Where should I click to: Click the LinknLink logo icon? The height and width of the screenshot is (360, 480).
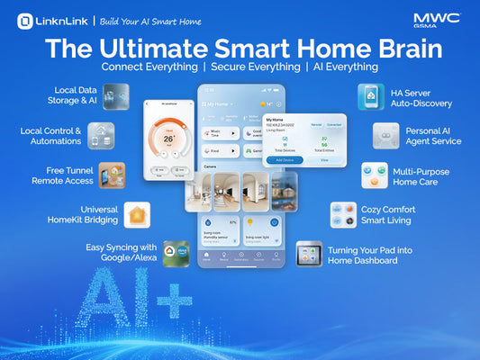pos(24,20)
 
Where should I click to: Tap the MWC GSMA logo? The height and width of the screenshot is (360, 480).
pos(437,21)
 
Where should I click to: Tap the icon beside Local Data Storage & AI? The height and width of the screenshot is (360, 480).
pos(115,96)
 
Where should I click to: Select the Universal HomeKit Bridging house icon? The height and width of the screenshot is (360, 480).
pos(137,214)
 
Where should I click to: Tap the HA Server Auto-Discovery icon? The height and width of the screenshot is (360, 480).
pos(370,96)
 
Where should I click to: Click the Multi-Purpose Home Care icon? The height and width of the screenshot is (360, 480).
pos(375,175)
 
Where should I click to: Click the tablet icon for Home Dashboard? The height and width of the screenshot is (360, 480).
pos(309,253)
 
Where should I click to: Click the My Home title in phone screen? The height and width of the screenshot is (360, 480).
pos(219,104)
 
